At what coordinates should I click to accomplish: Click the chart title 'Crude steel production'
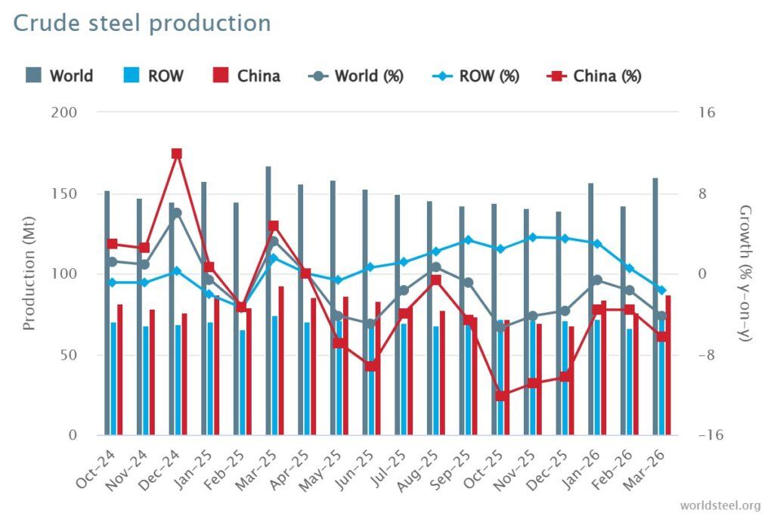142,23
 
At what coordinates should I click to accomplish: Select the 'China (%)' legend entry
593,76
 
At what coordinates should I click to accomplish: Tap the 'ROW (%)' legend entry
475,76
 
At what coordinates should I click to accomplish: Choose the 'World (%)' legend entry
356,76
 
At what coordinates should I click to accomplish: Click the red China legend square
221,76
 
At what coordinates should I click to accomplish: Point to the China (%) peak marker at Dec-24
177,153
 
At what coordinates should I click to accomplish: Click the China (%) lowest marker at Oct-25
500,396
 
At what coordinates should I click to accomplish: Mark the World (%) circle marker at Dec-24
177,213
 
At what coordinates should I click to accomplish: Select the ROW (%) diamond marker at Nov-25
533,237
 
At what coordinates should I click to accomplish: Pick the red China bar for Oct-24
119,369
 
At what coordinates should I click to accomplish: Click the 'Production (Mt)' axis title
29,273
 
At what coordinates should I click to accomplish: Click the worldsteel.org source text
720,505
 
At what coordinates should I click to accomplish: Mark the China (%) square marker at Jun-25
370,366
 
